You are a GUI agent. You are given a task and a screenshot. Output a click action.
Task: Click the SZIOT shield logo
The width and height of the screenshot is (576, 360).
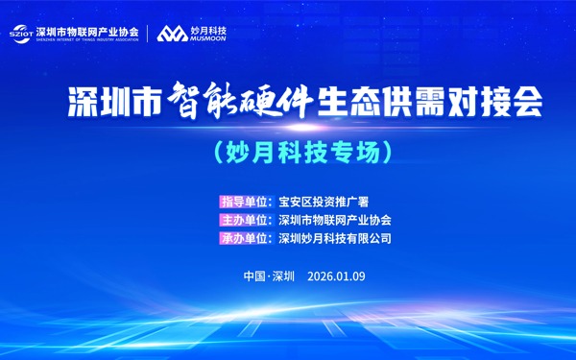pos(21,33)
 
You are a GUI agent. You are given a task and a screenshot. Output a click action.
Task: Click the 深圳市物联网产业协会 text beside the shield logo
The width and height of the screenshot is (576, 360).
pos(86,30)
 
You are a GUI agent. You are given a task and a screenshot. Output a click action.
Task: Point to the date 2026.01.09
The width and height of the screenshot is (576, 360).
pos(337,276)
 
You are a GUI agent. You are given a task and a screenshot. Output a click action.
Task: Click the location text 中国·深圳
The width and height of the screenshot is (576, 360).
pos(269,276)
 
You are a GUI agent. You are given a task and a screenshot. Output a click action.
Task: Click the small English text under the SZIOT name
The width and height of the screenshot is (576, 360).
pos(86,39)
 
